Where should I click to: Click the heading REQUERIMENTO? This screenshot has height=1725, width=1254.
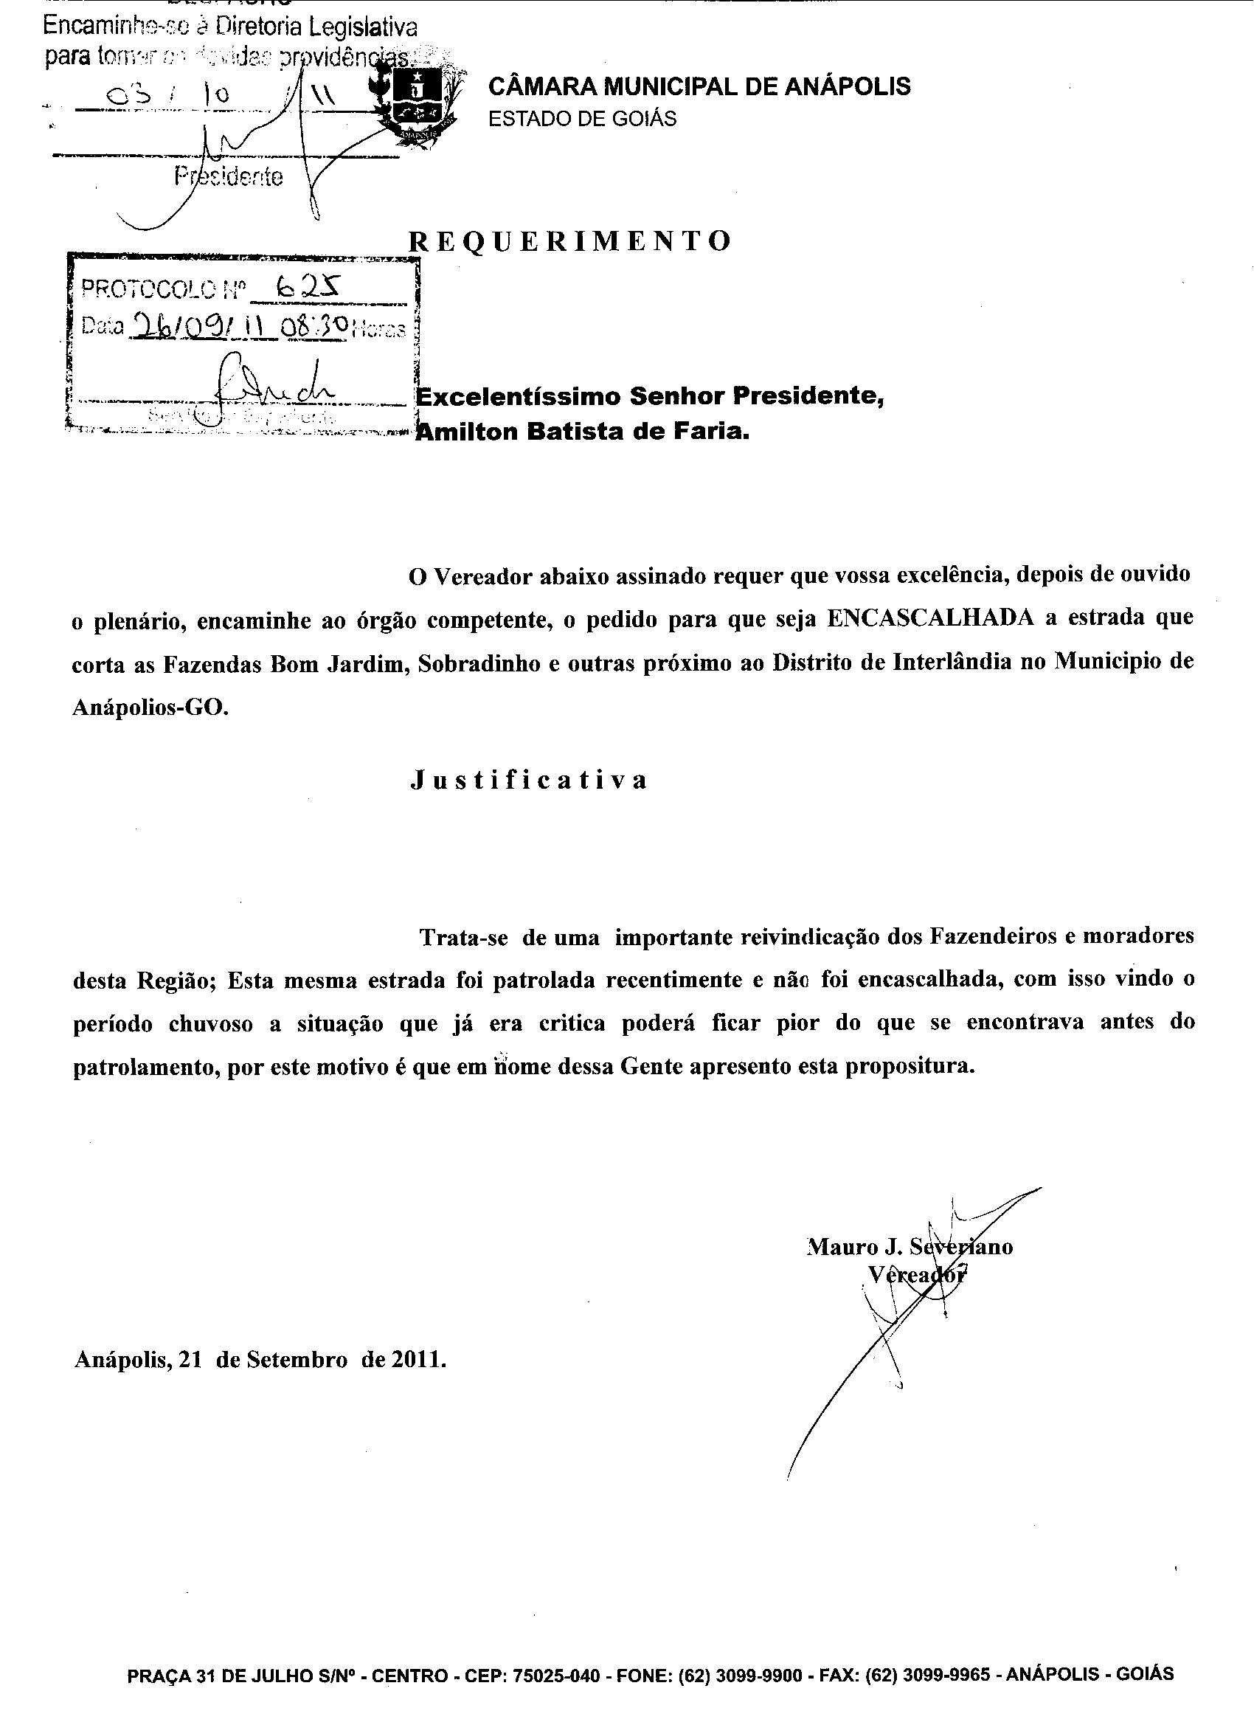point(570,241)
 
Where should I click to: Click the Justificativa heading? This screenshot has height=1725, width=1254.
point(530,781)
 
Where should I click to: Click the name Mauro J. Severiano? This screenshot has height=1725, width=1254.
point(910,1247)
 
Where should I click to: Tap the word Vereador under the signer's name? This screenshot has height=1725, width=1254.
point(918,1274)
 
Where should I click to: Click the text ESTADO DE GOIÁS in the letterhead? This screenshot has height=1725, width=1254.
point(582,119)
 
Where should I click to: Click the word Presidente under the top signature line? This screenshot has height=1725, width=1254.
point(228,177)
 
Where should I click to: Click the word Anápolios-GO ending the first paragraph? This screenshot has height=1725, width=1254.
point(150,707)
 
